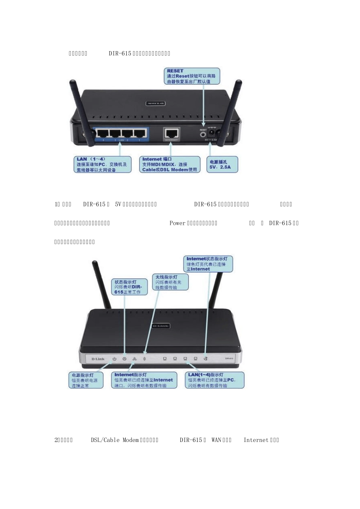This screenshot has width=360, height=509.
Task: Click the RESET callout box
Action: pos(192,76)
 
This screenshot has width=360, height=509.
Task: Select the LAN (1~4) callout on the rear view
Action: pos(102,165)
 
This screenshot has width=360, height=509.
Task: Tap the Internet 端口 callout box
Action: pos(169,165)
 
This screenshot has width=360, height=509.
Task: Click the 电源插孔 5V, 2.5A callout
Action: pos(222,165)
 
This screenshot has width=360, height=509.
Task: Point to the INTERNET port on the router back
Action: pos(172,133)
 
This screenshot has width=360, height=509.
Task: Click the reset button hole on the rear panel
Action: pos(203,133)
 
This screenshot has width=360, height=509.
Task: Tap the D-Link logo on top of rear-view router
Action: pos(156,103)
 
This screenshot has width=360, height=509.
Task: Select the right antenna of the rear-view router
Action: pos(232,110)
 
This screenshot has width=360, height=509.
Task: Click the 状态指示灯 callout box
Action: pos(129,287)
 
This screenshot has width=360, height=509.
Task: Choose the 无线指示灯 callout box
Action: pos(170,282)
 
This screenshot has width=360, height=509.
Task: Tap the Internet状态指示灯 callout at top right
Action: pos(208,264)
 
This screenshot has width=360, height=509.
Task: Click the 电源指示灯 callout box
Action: pos(86,380)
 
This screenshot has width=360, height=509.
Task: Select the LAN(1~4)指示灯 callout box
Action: pos(214,380)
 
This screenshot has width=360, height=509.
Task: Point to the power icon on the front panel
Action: pos(114,359)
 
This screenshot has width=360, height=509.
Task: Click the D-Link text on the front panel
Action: pos(98,359)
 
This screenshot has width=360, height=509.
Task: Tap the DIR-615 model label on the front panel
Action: pos(229,358)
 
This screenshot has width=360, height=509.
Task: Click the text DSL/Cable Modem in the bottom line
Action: pos(115,440)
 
